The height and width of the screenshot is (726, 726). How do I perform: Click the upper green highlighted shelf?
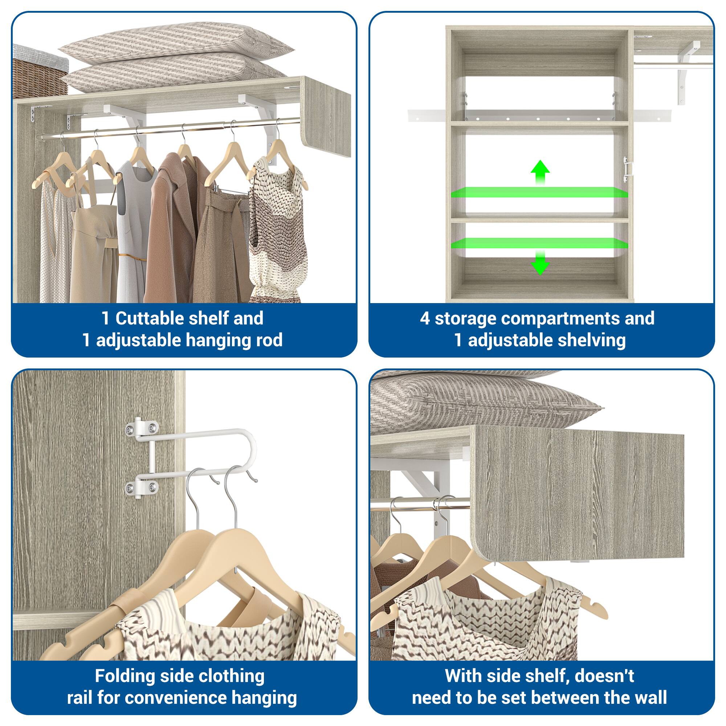539,192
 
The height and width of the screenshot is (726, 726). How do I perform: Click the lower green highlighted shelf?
539,243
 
